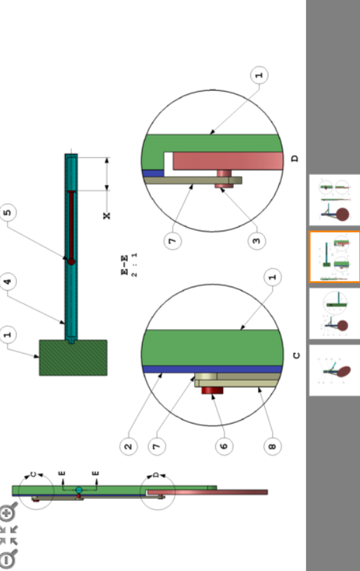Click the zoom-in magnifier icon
coord(8,513)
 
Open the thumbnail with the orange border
coord(335,257)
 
